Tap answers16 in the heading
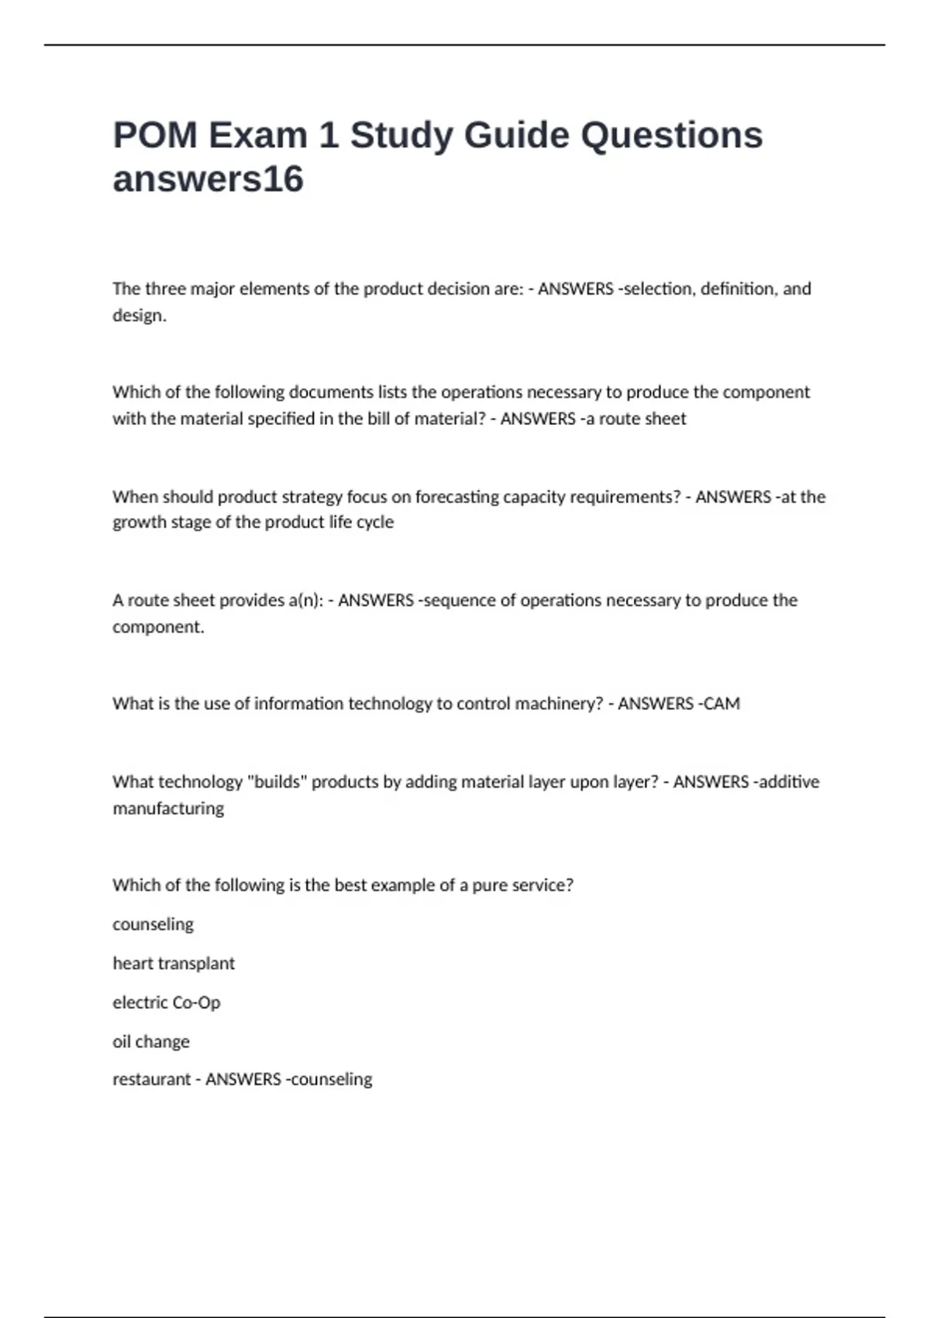pyautogui.click(x=208, y=179)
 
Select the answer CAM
pyautogui.click(x=722, y=704)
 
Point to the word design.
pyautogui.click(x=139, y=316)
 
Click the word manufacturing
pyautogui.click(x=168, y=809)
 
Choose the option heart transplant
pyautogui.click(x=174, y=964)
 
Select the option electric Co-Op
pyautogui.click(x=167, y=1002)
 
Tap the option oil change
pyautogui.click(x=151, y=1041)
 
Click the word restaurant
pyautogui.click(x=151, y=1079)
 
